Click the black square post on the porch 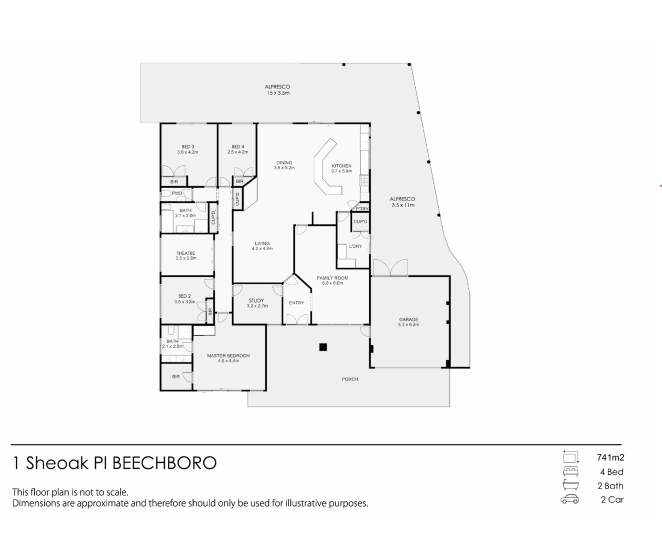pos(323,347)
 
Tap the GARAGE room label pos(408,319)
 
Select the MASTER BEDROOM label pos(228,356)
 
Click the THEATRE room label pos(186,253)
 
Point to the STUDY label pos(256,301)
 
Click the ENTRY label pos(296,303)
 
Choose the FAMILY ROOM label pos(332,278)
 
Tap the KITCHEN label pos(341,166)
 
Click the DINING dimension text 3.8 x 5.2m pos(284,168)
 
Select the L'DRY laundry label pos(355,246)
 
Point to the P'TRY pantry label pos(362,209)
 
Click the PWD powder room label pos(177,193)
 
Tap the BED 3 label pos(188,147)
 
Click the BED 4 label pos(238,147)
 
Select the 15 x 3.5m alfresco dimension pos(277,93)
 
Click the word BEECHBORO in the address pos(164,463)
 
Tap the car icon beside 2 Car pos(570,499)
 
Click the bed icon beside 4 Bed pos(570,471)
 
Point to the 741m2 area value pos(610,457)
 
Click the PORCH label pos(350,379)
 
